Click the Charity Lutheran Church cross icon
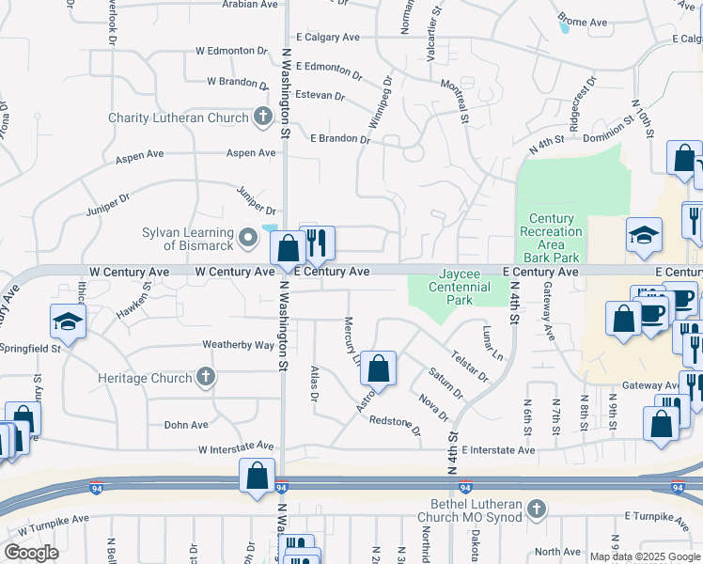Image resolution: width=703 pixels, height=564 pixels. [264, 117]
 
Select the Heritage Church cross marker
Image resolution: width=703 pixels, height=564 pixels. [206, 378]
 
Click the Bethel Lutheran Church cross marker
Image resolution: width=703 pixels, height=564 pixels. [537, 509]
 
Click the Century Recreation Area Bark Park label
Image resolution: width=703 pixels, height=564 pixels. [551, 238]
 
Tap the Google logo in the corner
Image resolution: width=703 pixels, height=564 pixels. [31, 553]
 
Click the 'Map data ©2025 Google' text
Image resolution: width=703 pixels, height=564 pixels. [644, 556]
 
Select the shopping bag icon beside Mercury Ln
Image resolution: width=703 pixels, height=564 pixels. [378, 368]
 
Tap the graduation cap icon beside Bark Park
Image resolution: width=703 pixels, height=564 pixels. [645, 235]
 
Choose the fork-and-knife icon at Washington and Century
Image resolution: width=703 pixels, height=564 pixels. [318, 243]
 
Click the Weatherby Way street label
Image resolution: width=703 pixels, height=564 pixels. [238, 345]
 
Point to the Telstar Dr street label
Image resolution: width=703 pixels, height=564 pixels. [469, 368]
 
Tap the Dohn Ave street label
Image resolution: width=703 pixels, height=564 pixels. [186, 425]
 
